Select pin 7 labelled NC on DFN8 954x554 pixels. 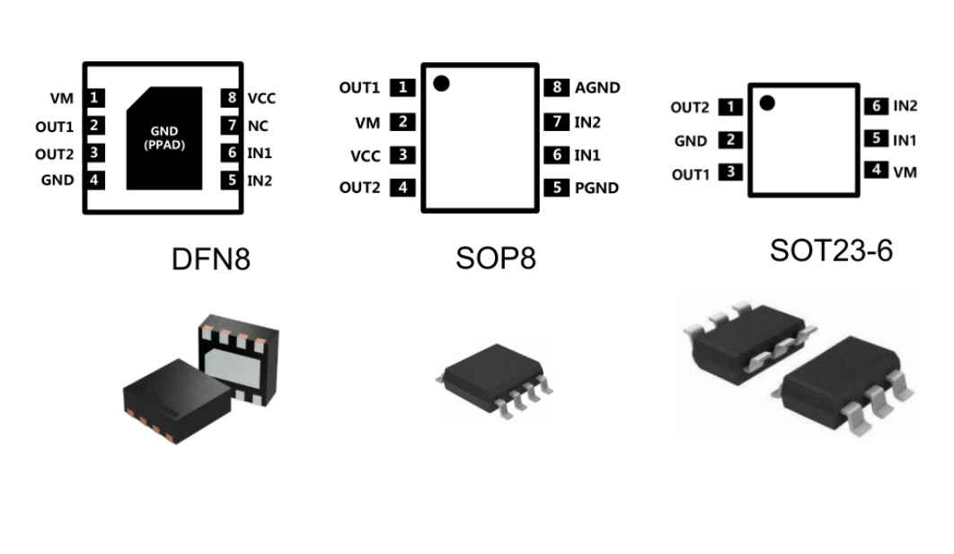coord(232,126)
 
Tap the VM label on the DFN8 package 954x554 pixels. coord(62,98)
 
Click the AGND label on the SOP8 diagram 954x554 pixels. coord(597,88)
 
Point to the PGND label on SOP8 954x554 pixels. coord(596,189)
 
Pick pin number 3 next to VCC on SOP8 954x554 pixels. coord(403,155)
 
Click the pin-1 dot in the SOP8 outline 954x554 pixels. coord(440,84)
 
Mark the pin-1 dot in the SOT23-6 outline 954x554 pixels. coord(766,102)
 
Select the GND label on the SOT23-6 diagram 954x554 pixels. coord(691,141)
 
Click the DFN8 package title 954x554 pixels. coord(211,259)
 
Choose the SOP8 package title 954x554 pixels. coord(495,259)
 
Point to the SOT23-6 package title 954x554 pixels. coord(831,251)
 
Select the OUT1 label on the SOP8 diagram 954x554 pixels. coord(359,88)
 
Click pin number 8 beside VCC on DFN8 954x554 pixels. coord(232,98)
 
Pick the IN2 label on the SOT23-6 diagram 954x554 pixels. coord(905,106)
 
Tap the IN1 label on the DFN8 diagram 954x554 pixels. coord(260,154)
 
